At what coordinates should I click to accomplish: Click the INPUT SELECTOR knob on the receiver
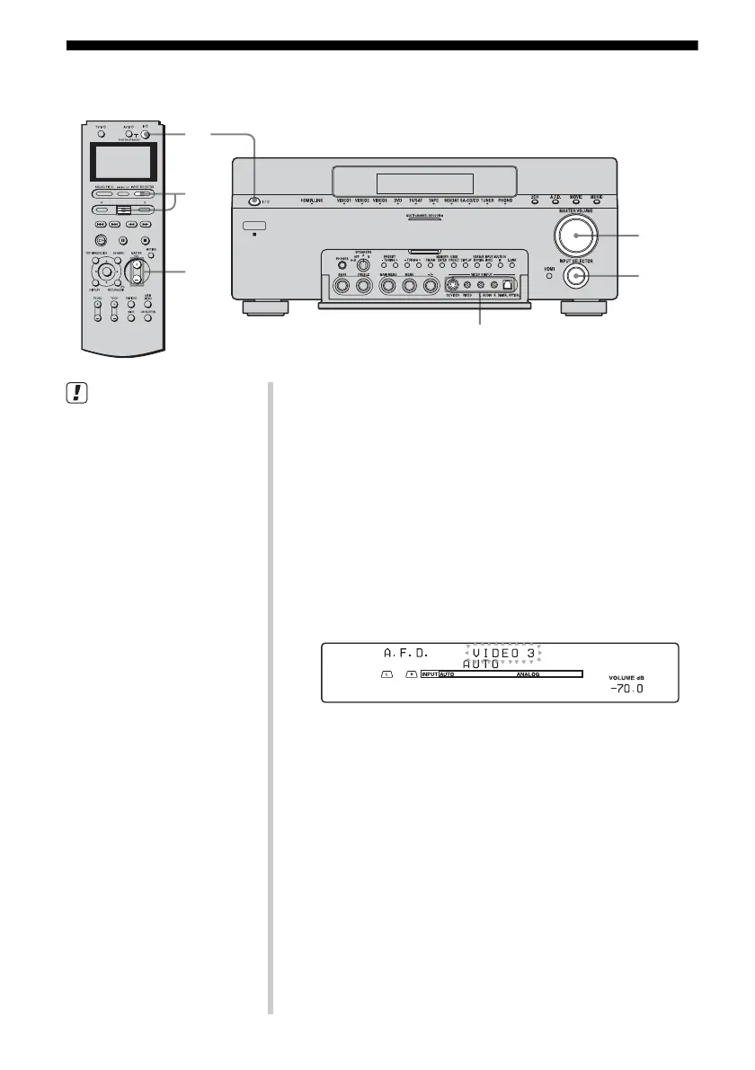pos(574,277)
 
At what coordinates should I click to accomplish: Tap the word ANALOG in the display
pos(528,673)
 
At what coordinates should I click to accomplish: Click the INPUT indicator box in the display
pos(429,673)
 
